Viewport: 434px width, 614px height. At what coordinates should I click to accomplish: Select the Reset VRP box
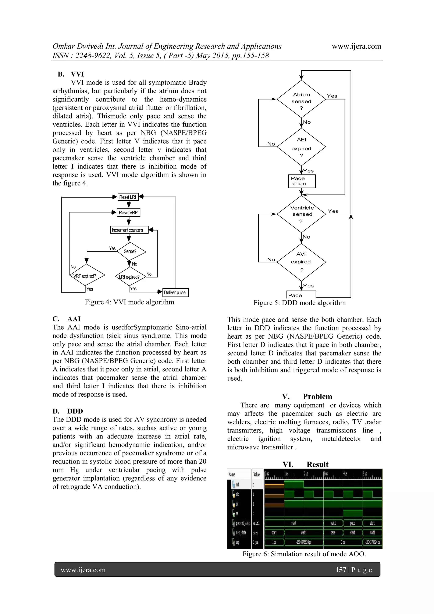[x=128, y=213]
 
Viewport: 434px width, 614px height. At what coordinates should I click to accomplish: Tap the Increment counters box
[x=129, y=230]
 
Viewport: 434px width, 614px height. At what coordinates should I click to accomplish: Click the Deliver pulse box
[x=175, y=292]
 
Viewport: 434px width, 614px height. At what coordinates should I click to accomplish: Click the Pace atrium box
[x=302, y=181]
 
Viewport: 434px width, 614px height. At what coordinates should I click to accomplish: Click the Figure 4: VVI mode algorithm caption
[x=129, y=302]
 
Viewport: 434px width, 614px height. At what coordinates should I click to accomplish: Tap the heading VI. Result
[x=305, y=464]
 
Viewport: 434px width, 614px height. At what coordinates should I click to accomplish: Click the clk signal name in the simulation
[x=237, y=494]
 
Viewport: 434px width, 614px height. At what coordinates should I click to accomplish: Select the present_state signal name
[x=242, y=523]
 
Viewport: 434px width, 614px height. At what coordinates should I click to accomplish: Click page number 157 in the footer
[x=341, y=570]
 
